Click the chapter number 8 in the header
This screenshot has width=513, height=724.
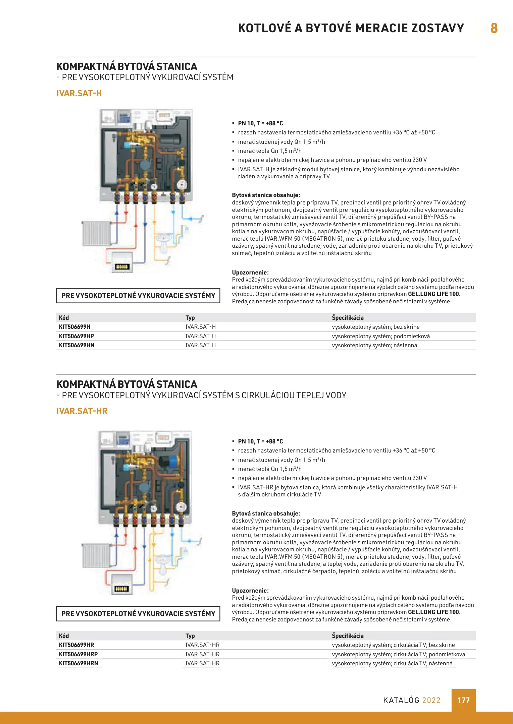point(494,28)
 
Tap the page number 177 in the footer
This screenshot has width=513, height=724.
point(463,700)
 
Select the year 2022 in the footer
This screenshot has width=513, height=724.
point(431,700)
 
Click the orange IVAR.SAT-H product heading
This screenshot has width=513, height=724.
point(79,93)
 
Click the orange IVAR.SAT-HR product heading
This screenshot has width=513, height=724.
point(82,411)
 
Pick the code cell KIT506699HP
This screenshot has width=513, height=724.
point(76,336)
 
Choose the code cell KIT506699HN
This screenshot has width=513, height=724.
point(76,345)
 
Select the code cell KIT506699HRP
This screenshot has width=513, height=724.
point(78,654)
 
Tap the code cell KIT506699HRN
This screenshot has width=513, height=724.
point(79,663)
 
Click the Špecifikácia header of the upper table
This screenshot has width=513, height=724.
point(348,318)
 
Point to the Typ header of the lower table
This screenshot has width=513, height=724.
point(190,636)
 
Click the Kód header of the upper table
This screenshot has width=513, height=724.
point(64,318)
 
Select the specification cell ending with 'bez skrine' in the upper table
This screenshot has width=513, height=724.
point(375,327)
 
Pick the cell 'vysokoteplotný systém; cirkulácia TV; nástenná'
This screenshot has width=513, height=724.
point(392,663)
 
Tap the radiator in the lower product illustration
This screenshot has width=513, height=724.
point(96,555)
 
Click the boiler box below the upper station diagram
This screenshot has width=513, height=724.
point(122,262)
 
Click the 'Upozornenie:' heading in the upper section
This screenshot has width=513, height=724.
point(250,273)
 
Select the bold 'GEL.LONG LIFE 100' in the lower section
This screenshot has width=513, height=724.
point(433,612)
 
